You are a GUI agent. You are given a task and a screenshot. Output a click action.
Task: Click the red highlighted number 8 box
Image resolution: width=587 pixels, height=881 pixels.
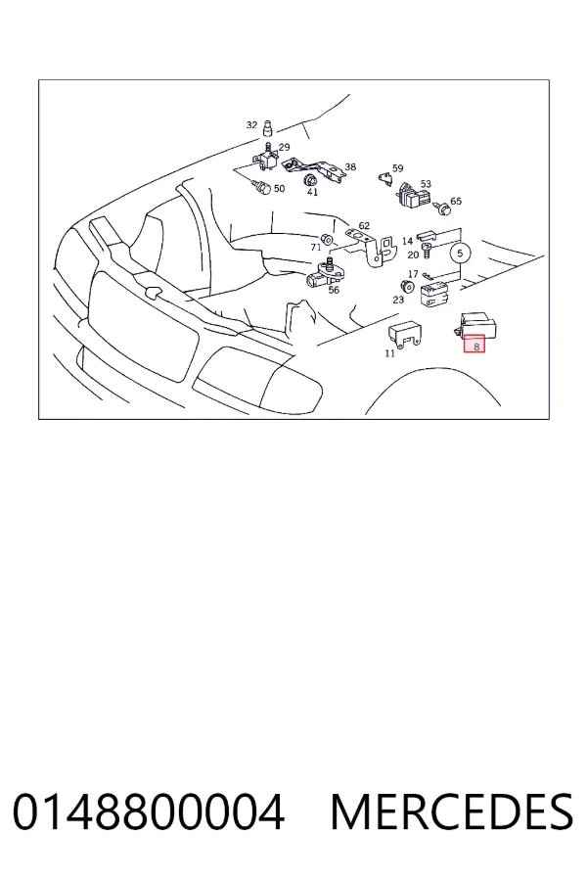click(474, 344)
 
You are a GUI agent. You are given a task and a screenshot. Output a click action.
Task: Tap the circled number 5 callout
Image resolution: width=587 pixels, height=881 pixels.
click(460, 254)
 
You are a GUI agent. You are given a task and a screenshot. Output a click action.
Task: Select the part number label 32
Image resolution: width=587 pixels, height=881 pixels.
click(251, 124)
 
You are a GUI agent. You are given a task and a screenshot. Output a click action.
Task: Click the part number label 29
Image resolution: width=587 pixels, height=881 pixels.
click(285, 147)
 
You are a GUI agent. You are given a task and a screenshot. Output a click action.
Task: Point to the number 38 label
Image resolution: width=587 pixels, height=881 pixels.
click(350, 166)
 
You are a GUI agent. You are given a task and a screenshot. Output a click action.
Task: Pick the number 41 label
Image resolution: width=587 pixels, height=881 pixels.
click(312, 192)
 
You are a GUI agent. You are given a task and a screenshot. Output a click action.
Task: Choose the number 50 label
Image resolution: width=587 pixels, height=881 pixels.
click(279, 188)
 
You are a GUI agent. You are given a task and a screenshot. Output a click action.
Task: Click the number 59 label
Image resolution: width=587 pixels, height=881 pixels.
click(398, 168)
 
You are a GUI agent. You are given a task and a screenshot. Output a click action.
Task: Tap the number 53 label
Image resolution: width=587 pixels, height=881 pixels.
click(426, 184)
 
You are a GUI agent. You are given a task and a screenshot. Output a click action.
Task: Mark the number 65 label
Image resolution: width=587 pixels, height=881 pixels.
click(456, 201)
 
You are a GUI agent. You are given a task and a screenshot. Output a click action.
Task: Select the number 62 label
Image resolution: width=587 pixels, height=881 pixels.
click(364, 226)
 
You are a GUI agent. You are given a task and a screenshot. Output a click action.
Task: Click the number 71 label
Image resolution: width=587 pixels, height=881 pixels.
click(316, 248)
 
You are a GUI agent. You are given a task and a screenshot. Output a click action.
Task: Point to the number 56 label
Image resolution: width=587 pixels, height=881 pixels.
click(334, 290)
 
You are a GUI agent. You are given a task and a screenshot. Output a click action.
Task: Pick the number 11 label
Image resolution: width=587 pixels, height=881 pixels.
click(389, 353)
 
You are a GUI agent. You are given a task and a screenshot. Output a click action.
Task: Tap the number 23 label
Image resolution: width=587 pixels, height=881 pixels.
click(398, 301)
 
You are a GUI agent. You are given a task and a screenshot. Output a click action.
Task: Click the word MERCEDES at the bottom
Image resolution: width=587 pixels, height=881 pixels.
click(452, 811)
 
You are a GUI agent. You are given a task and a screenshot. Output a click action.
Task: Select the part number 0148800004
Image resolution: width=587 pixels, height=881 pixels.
click(149, 811)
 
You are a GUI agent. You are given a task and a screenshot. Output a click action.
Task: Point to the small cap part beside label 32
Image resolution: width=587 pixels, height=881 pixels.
click(268, 128)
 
